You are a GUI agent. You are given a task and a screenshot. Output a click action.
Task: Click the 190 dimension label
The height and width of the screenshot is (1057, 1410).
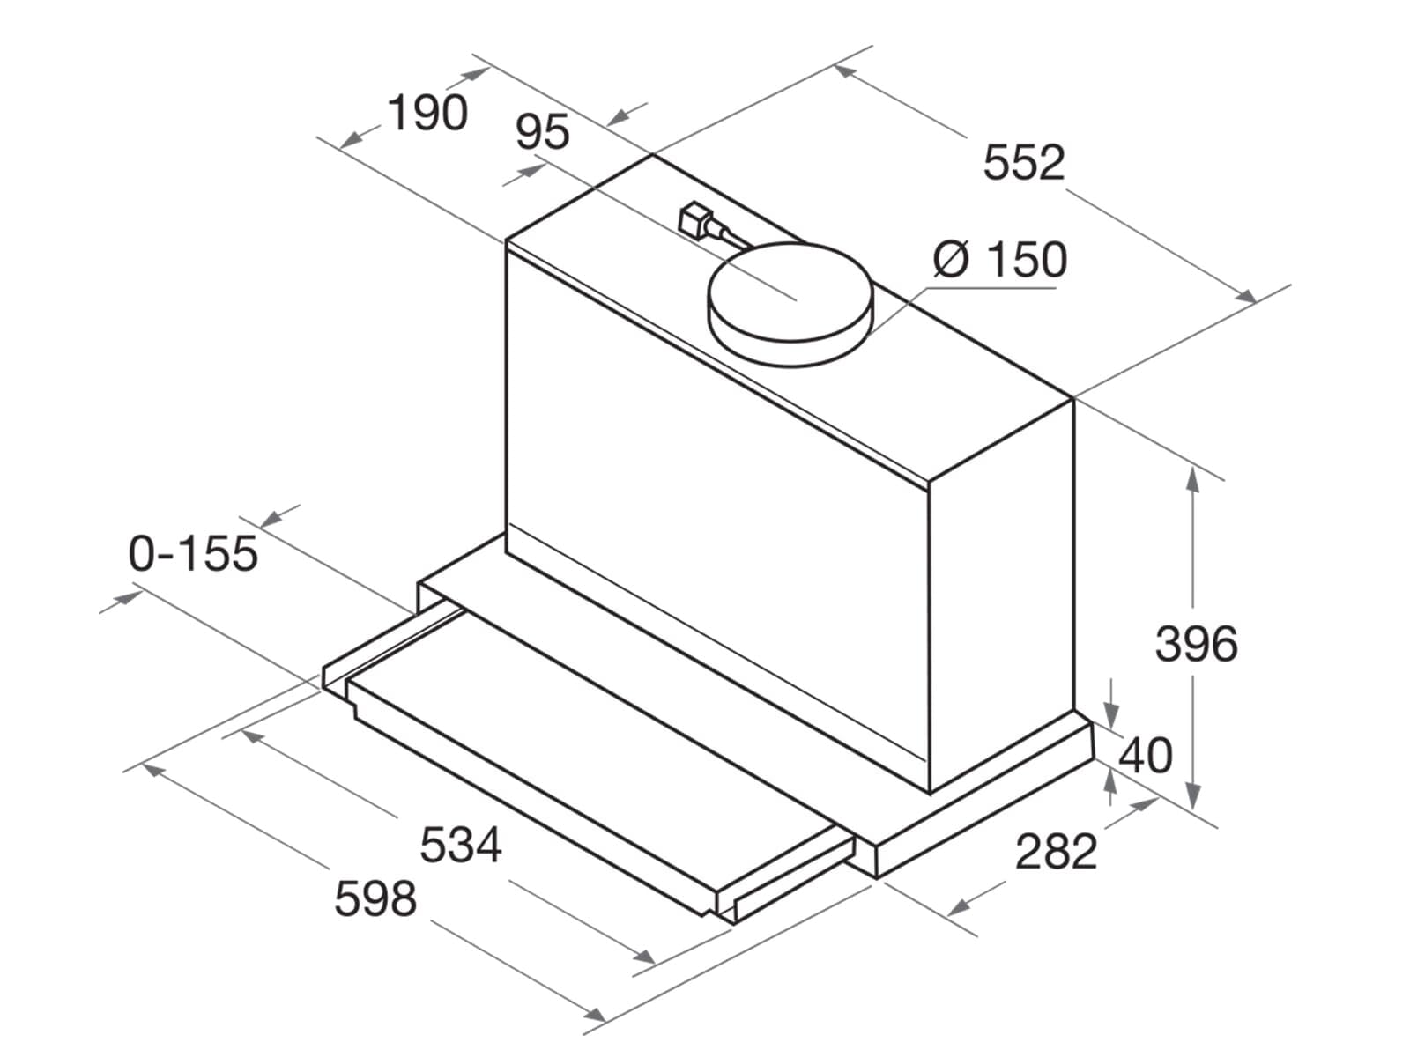click(x=427, y=113)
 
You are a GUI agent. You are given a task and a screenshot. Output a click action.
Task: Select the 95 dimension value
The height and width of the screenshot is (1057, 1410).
click(x=542, y=132)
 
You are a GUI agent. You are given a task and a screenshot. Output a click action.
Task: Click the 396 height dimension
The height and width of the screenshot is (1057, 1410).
click(x=1196, y=643)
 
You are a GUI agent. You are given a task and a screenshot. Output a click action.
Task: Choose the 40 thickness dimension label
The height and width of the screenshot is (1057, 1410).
click(x=1146, y=755)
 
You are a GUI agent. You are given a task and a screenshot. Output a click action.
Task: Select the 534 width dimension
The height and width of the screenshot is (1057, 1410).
click(x=460, y=845)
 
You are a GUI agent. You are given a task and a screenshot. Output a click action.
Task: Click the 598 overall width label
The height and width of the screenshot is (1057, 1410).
click(x=375, y=898)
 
